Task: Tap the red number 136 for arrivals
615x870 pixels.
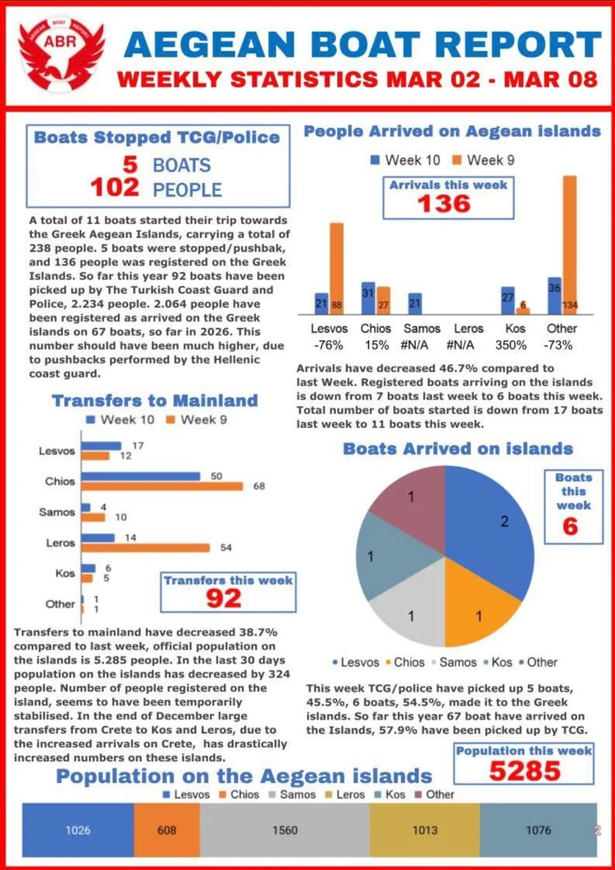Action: (x=445, y=203)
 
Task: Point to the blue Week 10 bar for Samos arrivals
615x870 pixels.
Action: (x=415, y=303)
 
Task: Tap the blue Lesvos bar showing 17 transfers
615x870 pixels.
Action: (x=102, y=445)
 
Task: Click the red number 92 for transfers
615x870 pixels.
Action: (x=223, y=598)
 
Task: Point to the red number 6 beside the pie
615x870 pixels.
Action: (x=571, y=526)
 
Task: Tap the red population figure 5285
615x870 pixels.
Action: (x=526, y=771)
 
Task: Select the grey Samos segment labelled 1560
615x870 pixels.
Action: (x=285, y=830)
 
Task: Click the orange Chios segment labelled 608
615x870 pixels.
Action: (x=166, y=830)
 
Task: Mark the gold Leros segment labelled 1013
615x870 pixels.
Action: (x=424, y=830)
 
